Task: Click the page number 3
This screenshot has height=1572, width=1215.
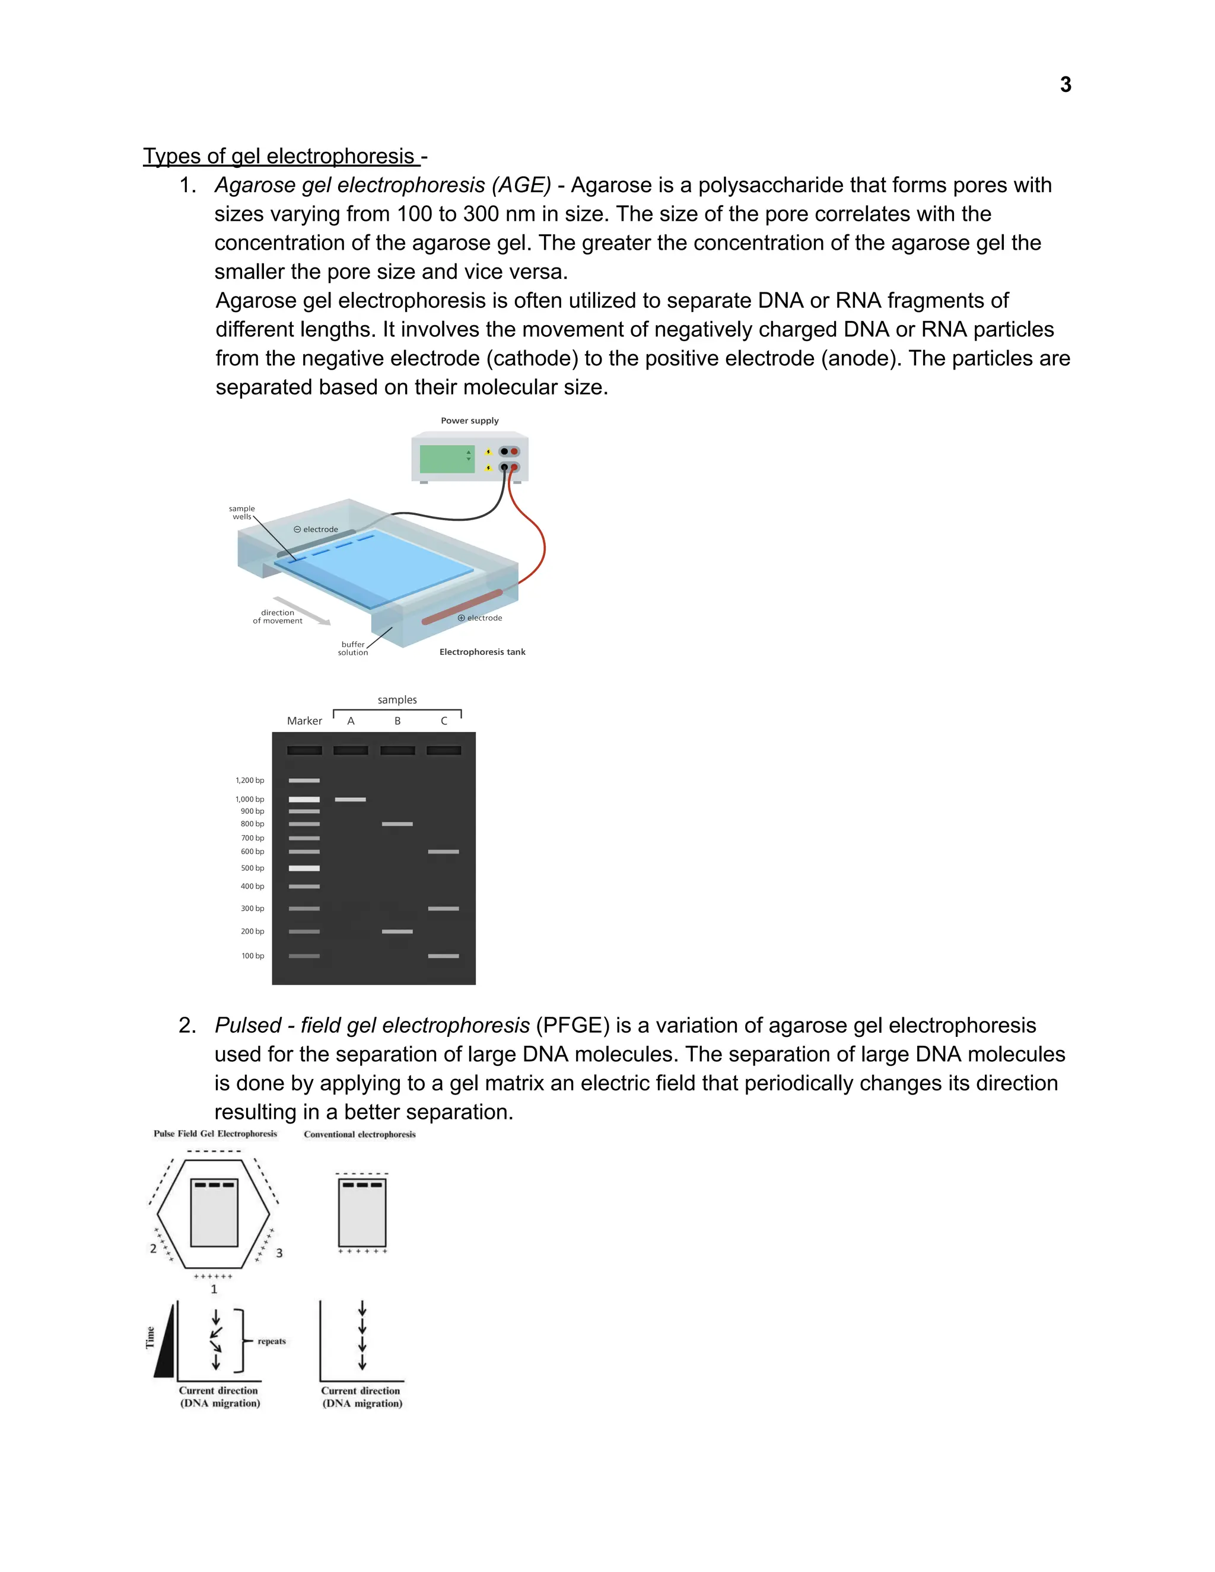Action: click(x=1065, y=85)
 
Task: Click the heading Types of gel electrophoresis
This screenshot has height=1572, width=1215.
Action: click(x=281, y=156)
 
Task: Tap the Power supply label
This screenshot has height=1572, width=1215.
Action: click(x=469, y=421)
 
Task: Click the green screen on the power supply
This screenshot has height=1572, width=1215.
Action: click(x=446, y=459)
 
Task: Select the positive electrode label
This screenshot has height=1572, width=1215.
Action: click(x=480, y=618)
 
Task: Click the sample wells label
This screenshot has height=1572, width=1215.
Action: click(x=242, y=513)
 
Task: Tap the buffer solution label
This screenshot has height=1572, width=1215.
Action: click(x=353, y=648)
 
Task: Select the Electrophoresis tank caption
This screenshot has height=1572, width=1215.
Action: click(x=482, y=652)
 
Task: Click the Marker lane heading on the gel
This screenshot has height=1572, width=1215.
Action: click(x=304, y=721)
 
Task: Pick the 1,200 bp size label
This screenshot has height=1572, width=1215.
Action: click(x=250, y=780)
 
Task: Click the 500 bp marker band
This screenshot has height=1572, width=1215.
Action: click(x=304, y=868)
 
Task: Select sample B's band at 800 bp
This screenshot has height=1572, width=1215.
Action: click(x=397, y=823)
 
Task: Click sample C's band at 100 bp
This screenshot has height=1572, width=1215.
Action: click(x=443, y=956)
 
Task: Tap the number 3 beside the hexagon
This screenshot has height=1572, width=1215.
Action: click(x=279, y=1253)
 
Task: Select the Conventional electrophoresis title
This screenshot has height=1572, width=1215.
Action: click(x=360, y=1134)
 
